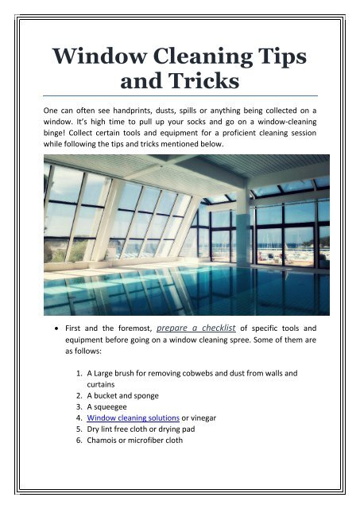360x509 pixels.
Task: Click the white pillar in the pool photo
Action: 242,231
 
